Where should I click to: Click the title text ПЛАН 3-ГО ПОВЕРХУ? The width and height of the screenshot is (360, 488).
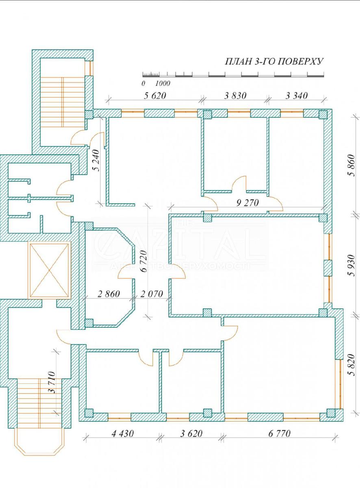point(274,62)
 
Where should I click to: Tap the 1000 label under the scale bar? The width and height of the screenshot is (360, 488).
point(162,83)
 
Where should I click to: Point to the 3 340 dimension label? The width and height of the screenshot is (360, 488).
point(297,96)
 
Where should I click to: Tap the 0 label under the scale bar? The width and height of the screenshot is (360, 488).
point(143,83)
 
